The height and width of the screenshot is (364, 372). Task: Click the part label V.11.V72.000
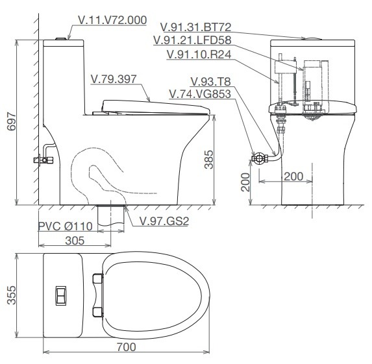tap(112, 20)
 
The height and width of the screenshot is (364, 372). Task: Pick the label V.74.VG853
tap(200, 94)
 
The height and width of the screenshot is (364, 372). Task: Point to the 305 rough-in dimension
tap(74, 241)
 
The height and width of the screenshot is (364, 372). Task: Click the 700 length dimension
tap(127, 346)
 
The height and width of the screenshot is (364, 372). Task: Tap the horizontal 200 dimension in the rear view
tap(293, 176)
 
